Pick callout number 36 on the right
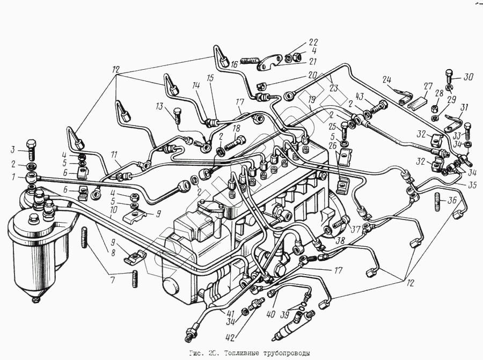point(452,200)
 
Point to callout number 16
point(235,64)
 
